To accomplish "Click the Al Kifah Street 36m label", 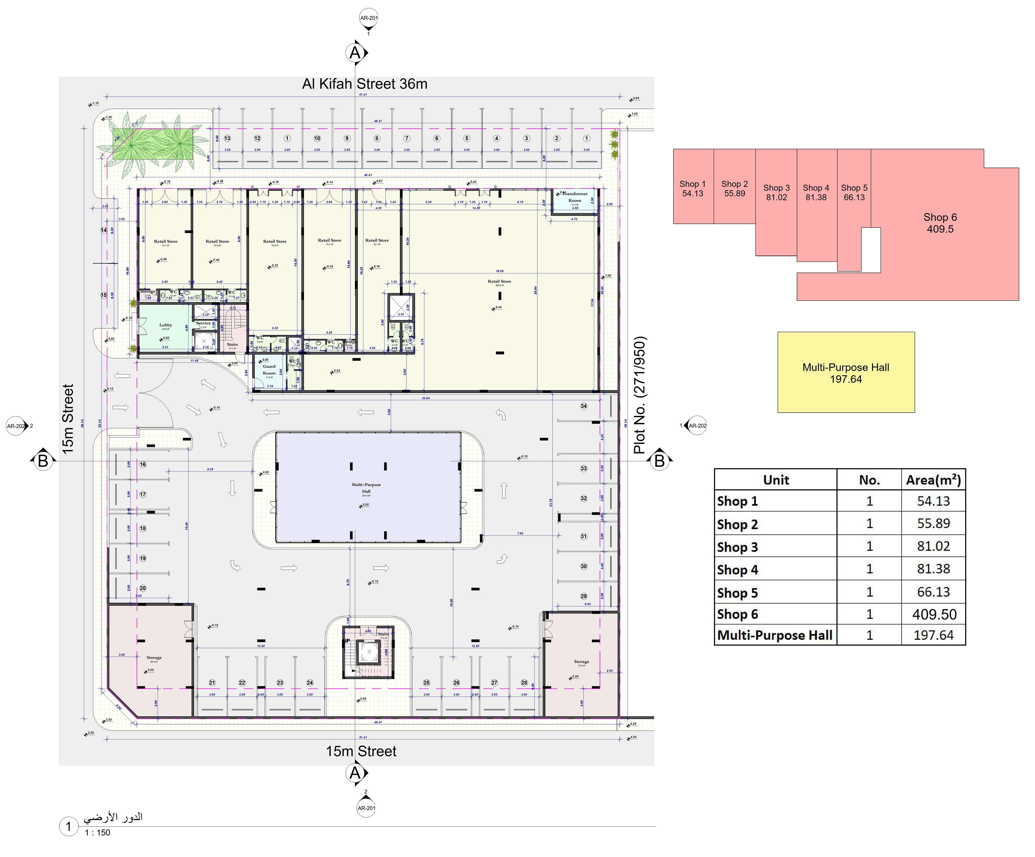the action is click(x=365, y=84).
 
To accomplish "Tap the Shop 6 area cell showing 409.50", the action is click(x=934, y=614).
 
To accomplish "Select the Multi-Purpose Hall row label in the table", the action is click(x=775, y=635).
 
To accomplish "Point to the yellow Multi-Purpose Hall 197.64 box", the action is click(x=846, y=373).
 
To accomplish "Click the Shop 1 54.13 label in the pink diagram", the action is click(x=692, y=189).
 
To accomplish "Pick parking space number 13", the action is click(x=227, y=138).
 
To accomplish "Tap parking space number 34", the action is click(x=584, y=406).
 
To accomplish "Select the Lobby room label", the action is click(x=165, y=325).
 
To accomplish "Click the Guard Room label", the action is click(x=269, y=370).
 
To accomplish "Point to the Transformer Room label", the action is click(x=575, y=197).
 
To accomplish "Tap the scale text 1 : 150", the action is click(x=98, y=832).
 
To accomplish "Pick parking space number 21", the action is click(x=212, y=683).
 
